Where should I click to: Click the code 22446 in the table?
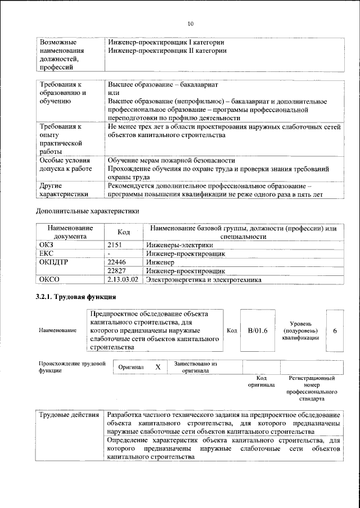click(117, 262)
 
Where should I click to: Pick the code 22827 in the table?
click(117, 270)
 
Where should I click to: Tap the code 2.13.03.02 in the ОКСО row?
click(123, 279)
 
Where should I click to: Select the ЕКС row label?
click(46, 253)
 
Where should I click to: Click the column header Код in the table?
click(123, 232)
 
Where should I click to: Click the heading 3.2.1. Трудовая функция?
click(76, 297)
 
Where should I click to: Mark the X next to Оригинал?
click(158, 366)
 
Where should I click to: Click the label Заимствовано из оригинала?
click(195, 367)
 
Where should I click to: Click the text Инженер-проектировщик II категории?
click(167, 51)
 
